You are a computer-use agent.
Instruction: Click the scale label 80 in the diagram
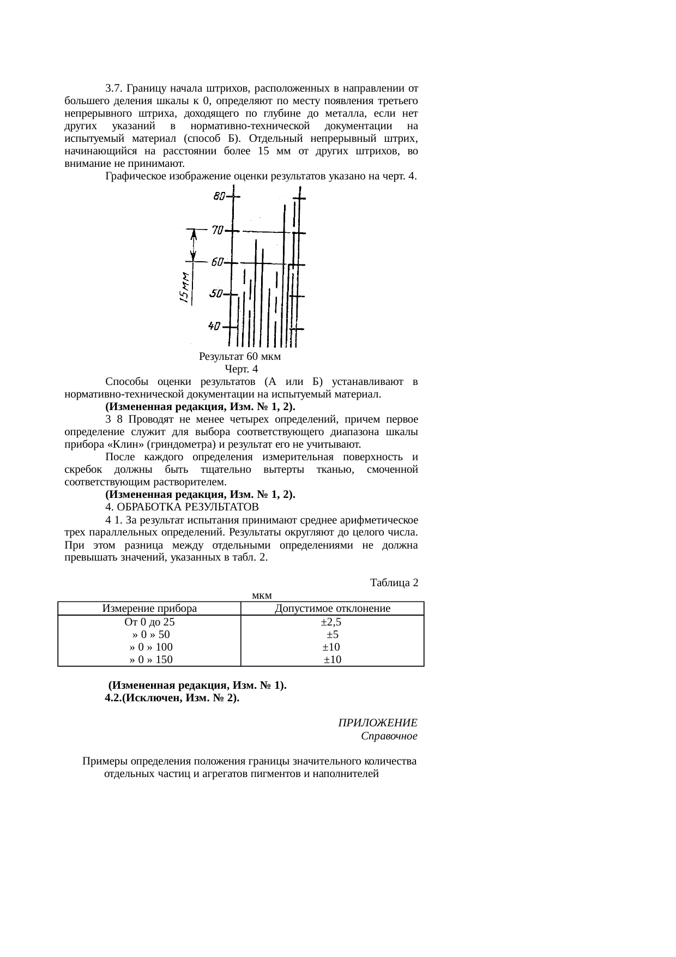point(219,196)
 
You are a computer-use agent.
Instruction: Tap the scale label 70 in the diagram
point(217,231)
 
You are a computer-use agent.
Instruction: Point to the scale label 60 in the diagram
point(217,262)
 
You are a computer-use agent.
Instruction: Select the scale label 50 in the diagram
point(216,294)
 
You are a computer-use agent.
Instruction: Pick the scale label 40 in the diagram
point(215,327)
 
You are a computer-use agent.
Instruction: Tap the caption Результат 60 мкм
point(240,357)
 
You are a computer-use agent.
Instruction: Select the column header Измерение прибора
point(149,609)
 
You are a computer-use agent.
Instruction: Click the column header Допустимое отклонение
point(333,609)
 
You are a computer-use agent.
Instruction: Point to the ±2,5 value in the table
point(331,622)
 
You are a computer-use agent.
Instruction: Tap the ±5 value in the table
point(333,634)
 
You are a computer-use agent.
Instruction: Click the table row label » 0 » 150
point(151,660)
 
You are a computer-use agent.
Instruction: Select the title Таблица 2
point(394,583)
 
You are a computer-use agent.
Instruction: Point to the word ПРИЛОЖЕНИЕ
point(377,723)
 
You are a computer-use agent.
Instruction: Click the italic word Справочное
point(389,736)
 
